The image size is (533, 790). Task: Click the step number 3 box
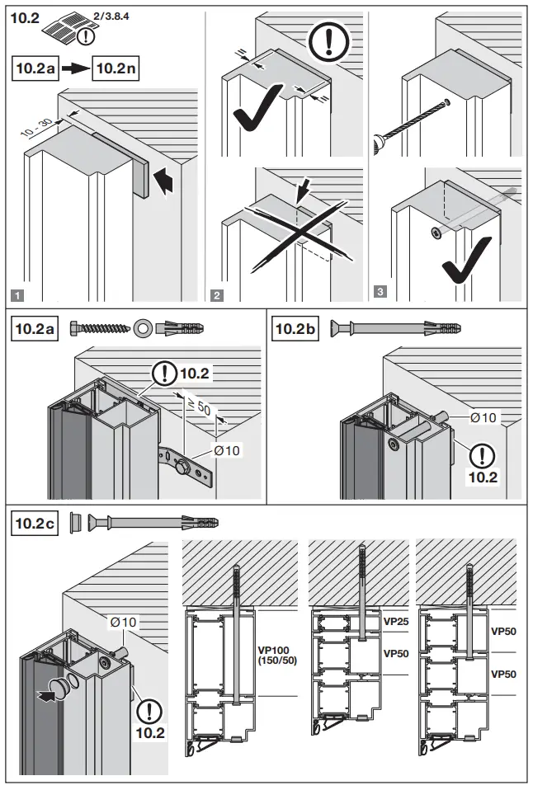pos(379,290)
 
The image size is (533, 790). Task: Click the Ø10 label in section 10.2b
pos(483,417)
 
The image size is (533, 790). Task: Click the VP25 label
pos(396,621)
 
